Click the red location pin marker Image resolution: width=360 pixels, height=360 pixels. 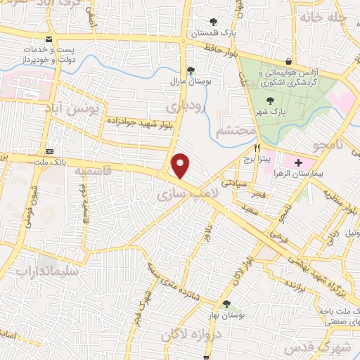coord(181,166)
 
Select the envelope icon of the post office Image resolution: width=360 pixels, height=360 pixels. coord(48,39)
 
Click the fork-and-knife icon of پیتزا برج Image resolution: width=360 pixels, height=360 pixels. coord(257,148)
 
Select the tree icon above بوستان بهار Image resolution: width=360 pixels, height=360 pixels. coord(226,304)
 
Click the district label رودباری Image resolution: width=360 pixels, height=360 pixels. coord(186,105)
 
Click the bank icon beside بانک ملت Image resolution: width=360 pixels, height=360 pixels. coord(49,151)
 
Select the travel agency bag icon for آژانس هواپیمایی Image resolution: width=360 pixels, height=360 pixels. coord(288,60)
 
